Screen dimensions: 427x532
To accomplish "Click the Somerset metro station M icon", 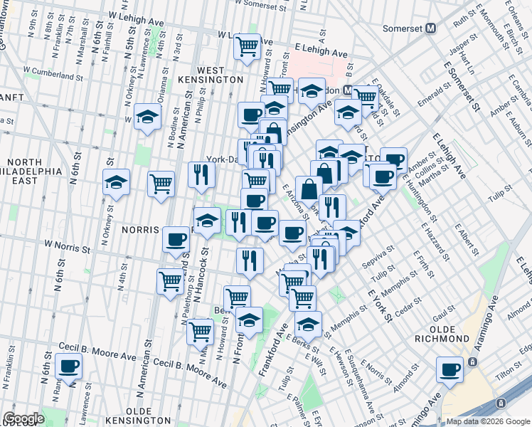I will pos(430,29).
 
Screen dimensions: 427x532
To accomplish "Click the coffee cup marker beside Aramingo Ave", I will pos(450,370).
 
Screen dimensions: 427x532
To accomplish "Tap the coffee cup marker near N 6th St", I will pos(68,367).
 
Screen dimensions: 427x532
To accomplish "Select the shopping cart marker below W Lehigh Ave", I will pos(247,47).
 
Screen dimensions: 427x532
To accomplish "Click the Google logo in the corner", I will pos(23,418).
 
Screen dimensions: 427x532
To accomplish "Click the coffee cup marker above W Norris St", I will pos(176,240).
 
